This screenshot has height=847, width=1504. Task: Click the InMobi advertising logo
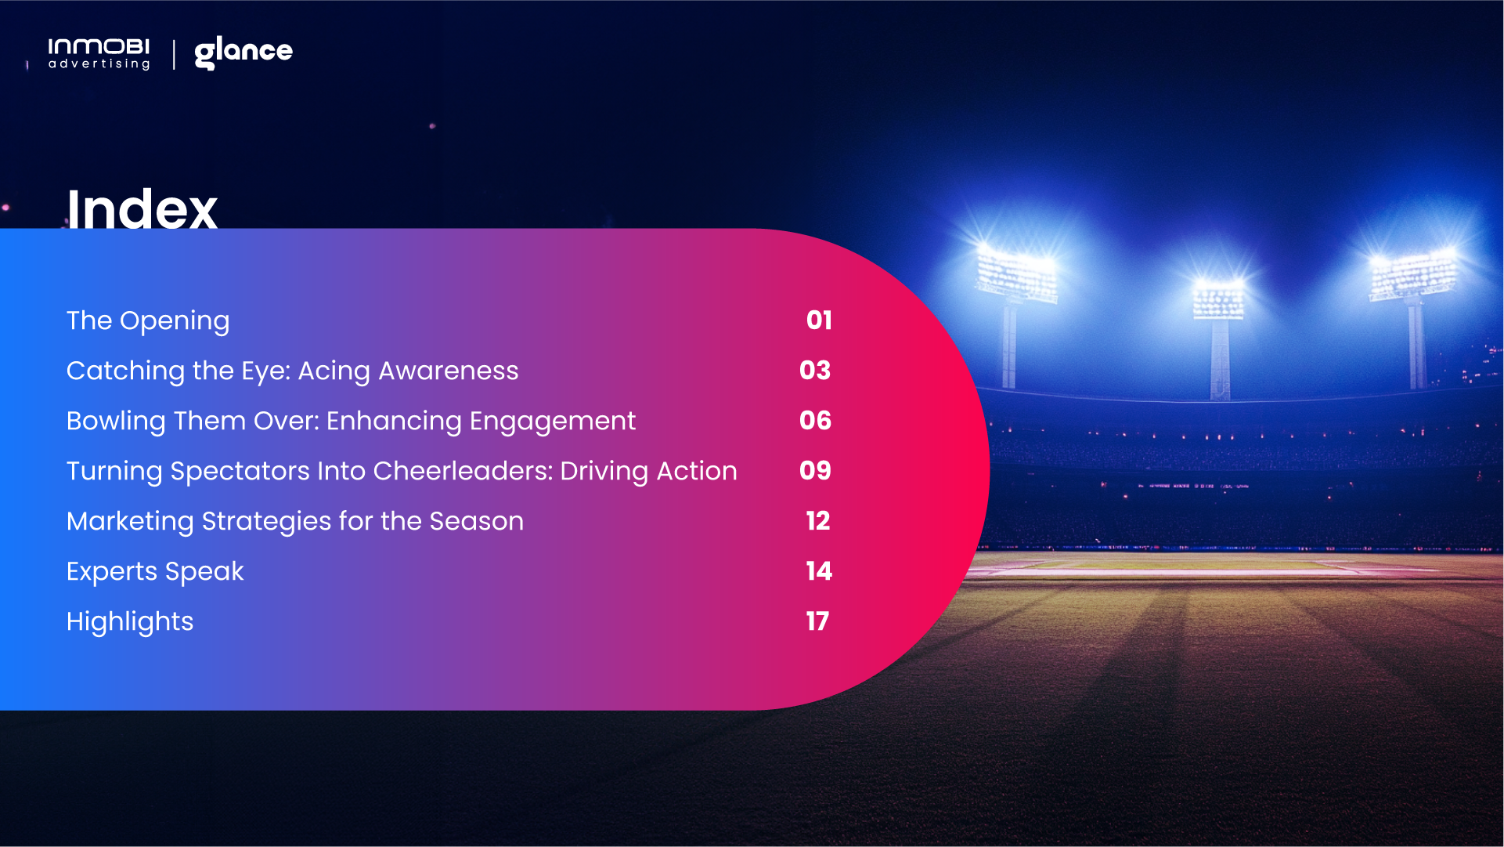99,53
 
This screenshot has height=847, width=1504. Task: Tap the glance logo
243,52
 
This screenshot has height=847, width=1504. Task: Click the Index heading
142,209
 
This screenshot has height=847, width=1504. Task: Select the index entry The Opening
148,321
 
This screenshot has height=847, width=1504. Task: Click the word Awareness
448,371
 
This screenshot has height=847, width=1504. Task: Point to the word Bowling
116,422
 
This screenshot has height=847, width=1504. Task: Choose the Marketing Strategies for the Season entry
295,521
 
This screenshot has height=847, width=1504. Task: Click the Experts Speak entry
155,572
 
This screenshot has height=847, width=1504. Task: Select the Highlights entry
130,622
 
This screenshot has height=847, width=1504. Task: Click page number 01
819,320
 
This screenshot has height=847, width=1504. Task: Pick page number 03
815,371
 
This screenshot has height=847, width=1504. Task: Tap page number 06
815,421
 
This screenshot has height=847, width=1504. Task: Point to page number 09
815,471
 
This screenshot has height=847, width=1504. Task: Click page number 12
818,521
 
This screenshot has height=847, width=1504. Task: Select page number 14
819,571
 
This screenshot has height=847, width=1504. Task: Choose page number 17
817,621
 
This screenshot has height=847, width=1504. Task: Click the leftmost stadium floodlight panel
1016,273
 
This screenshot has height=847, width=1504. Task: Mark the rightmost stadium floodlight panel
1413,274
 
